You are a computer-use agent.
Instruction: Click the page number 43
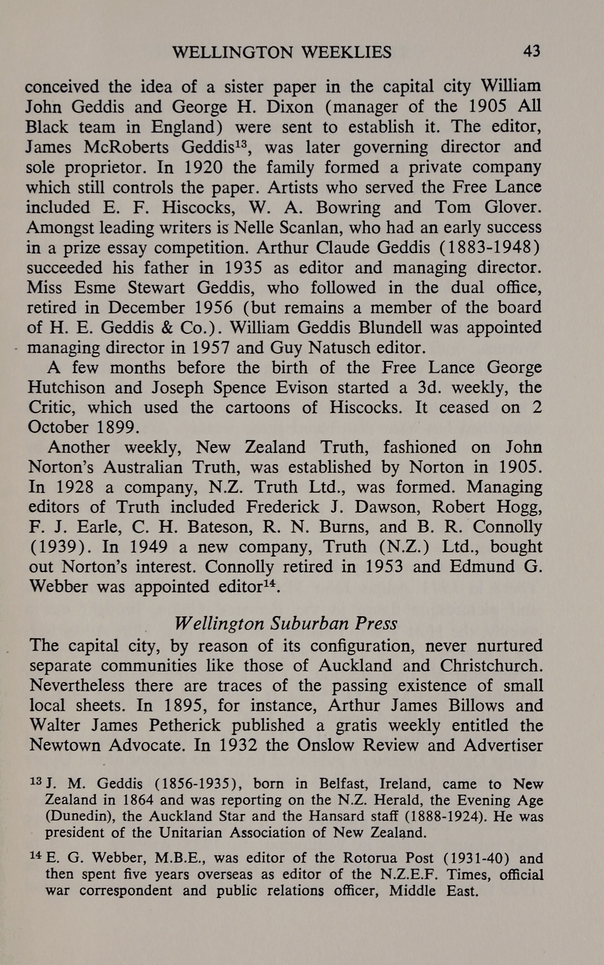tap(531, 51)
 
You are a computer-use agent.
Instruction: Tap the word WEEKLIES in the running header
tap(347, 53)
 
